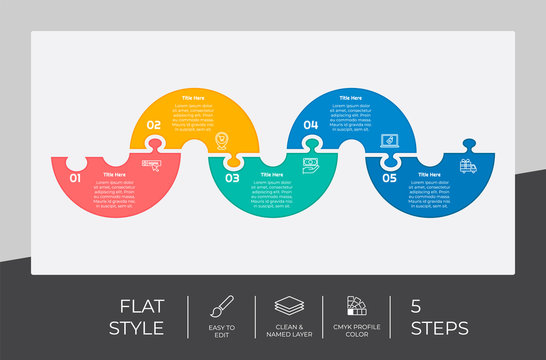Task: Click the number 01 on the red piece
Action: pos(75,178)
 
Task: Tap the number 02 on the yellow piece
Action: pos(153,125)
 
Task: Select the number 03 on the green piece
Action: pos(232,178)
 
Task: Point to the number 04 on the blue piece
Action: pos(311,125)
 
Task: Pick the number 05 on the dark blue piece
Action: pos(389,178)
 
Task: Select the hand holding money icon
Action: pos(311,164)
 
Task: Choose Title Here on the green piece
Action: pos(272,174)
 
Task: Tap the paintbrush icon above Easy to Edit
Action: pos(223,305)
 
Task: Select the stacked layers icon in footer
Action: pos(289,305)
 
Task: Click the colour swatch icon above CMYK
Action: pos(356,305)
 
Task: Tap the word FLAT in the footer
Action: pos(145,305)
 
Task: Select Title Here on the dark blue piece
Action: pos(429,174)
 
